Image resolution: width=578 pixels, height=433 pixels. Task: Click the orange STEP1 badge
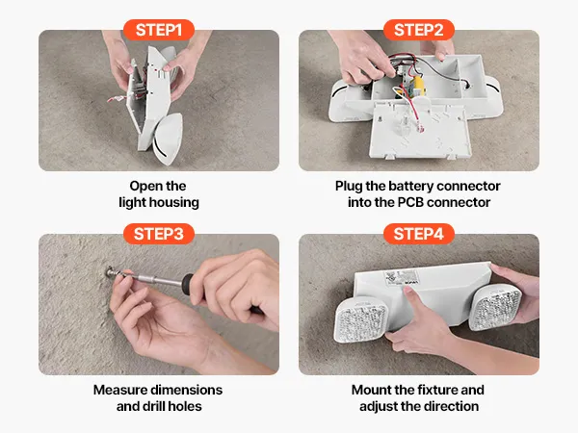159,30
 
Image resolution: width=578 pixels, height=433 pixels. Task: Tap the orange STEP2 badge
419,30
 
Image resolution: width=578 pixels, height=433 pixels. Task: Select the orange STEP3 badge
159,234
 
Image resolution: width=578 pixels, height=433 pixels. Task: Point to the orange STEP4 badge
419,234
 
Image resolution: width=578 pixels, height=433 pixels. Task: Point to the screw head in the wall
110,272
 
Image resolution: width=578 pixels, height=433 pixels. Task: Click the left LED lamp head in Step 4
360,318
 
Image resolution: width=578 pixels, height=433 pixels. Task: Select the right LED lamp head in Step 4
497,306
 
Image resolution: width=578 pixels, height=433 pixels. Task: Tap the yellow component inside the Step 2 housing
418,85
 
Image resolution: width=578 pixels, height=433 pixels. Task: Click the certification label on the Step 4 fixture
402,277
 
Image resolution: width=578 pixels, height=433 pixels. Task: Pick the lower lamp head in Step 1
168,138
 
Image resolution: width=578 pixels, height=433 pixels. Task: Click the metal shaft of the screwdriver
155,279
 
